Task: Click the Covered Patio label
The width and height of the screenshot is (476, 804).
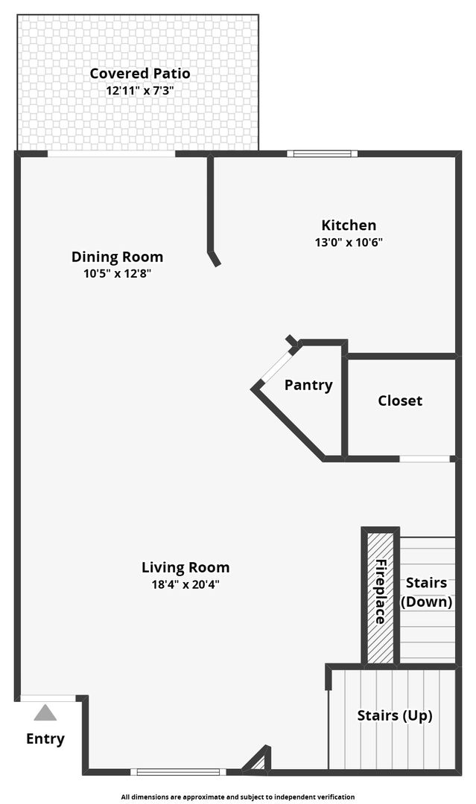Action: pyautogui.click(x=140, y=74)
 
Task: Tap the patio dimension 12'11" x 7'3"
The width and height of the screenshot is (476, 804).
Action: pyautogui.click(x=140, y=90)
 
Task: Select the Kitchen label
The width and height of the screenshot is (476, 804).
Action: pyautogui.click(x=349, y=225)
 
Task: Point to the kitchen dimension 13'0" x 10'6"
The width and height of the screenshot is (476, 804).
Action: pyautogui.click(x=349, y=242)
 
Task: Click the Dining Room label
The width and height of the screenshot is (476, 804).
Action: pyautogui.click(x=117, y=257)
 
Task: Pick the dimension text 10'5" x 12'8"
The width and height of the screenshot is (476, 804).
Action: pyautogui.click(x=117, y=273)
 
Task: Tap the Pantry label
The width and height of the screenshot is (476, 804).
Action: pyautogui.click(x=308, y=385)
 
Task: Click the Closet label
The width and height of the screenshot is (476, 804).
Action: pyautogui.click(x=400, y=401)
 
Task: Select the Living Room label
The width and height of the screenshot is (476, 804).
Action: pyautogui.click(x=185, y=567)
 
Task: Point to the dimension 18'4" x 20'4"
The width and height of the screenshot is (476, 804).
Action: pyautogui.click(x=185, y=584)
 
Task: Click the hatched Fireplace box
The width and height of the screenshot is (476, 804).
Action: pyautogui.click(x=381, y=596)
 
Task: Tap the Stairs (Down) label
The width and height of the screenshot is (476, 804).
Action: pyautogui.click(x=427, y=592)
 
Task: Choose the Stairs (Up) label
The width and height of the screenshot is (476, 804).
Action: pyautogui.click(x=395, y=715)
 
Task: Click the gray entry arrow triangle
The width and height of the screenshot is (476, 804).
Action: pyautogui.click(x=45, y=713)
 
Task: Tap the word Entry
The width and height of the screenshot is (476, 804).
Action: pyautogui.click(x=45, y=739)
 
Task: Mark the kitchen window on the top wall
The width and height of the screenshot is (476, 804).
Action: pyautogui.click(x=323, y=154)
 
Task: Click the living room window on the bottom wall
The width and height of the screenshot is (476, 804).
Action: pyautogui.click(x=177, y=771)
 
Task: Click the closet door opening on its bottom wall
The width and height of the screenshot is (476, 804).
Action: pyautogui.click(x=425, y=459)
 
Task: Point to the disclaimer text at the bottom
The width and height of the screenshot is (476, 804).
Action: pyautogui.click(x=238, y=797)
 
